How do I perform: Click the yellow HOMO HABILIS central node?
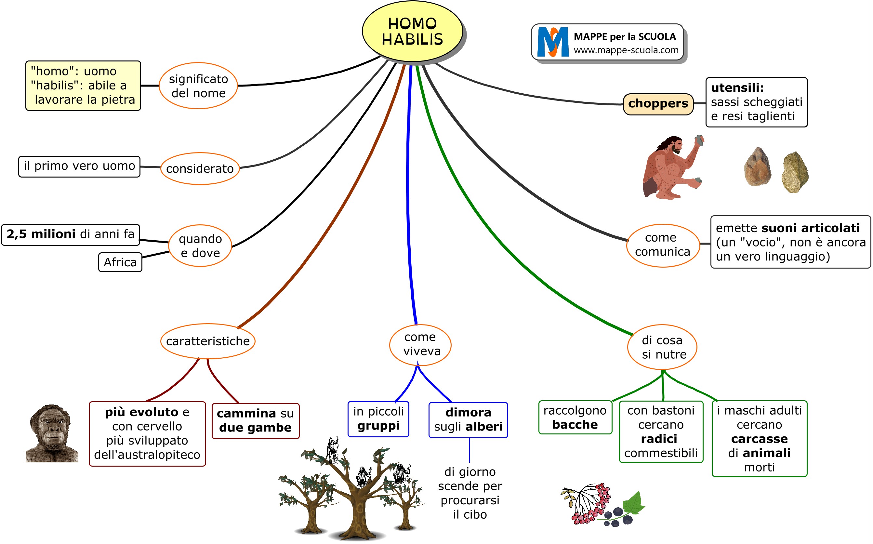(412, 32)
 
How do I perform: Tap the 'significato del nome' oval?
(198, 86)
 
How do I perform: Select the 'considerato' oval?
(200, 169)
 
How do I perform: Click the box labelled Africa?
(120, 262)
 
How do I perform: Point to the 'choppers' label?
(658, 104)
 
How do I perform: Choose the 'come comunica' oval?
(663, 245)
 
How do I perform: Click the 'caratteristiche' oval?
(207, 341)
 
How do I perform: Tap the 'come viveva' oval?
(420, 344)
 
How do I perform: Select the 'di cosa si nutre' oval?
(662, 347)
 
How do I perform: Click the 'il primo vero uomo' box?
(79, 166)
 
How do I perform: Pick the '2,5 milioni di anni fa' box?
(71, 234)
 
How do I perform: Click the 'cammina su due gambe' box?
(255, 420)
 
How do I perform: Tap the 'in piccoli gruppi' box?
(378, 419)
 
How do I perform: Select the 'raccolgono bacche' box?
(575, 418)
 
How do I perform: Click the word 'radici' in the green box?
(659, 439)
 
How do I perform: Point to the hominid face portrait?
(52, 433)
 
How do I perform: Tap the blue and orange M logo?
(552, 42)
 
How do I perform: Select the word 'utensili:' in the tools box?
(737, 88)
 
